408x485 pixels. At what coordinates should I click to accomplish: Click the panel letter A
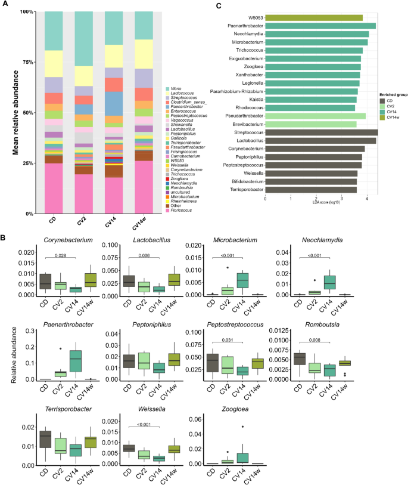5,6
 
